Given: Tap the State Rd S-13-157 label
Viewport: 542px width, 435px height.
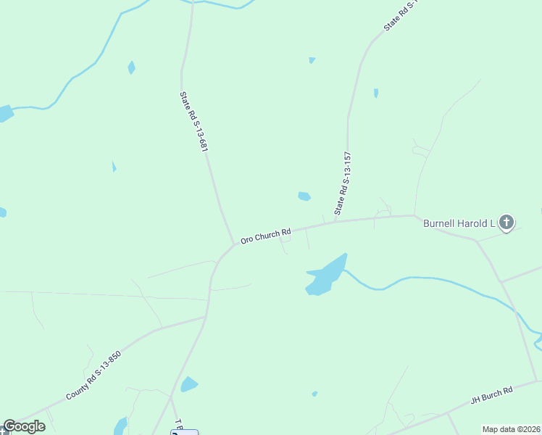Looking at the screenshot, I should (x=343, y=183).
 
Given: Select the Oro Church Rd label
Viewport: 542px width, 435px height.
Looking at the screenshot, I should (x=265, y=236).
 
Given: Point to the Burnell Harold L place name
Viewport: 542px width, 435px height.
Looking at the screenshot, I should (x=459, y=223).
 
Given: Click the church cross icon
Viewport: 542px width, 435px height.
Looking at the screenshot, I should (x=506, y=223).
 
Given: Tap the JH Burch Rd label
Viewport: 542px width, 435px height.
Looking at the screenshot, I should (x=491, y=394).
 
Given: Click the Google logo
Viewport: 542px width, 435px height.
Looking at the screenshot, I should (x=24, y=426).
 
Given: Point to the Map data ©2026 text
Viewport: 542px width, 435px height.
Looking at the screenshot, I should (x=512, y=429).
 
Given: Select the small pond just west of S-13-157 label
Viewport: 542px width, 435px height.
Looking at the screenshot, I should (x=304, y=196).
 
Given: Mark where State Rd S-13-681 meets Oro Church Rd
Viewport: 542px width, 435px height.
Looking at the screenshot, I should (x=233, y=244).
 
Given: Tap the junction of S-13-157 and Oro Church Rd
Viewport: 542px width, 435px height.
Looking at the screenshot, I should (x=334, y=221).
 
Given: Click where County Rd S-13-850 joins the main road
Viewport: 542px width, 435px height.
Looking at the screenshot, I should (x=207, y=316).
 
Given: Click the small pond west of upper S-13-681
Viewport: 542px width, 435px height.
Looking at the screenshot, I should (x=131, y=67).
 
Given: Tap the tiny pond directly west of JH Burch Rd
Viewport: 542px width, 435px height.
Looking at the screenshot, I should (x=314, y=394).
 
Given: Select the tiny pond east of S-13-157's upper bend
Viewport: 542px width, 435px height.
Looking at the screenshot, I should (x=375, y=93).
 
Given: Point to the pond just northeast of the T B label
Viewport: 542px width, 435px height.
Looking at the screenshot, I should (x=189, y=384).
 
